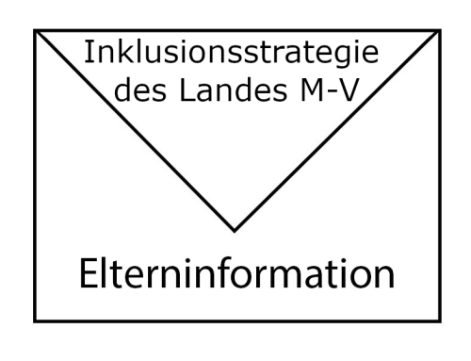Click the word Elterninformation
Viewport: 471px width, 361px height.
[x=235, y=274]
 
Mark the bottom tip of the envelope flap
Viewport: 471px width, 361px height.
[x=235, y=229]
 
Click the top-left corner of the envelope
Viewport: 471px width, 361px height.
[x=36, y=31]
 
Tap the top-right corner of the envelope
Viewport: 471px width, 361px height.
[x=437, y=31]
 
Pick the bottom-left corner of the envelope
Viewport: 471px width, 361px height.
[x=36, y=321]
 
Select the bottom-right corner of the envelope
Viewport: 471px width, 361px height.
[x=437, y=321]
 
